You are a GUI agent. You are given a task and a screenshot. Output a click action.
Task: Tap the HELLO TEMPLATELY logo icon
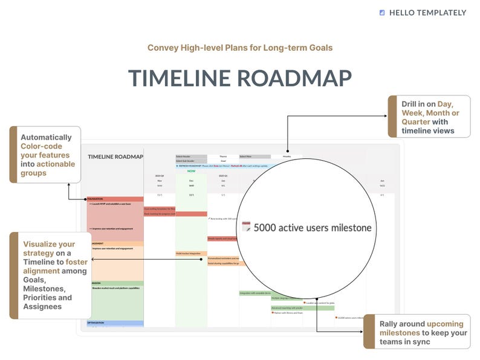click(x=382, y=13)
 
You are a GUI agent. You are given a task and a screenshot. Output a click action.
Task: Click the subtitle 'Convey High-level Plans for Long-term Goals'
click(x=240, y=48)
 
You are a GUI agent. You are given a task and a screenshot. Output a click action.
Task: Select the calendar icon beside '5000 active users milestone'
click(x=246, y=227)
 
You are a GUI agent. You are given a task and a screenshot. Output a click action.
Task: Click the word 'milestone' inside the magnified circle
click(x=345, y=228)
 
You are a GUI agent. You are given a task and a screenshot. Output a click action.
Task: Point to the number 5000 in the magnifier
click(x=265, y=228)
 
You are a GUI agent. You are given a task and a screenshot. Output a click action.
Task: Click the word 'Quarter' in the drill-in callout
click(x=416, y=121)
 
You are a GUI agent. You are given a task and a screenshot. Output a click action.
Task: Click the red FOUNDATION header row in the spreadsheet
click(x=115, y=199)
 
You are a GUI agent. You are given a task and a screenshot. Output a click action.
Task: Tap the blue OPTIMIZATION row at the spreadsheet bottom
click(x=115, y=323)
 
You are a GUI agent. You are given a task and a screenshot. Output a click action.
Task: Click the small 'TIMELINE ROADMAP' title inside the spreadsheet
click(x=115, y=156)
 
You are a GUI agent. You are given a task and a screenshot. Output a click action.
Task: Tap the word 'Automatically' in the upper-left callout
click(x=46, y=137)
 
